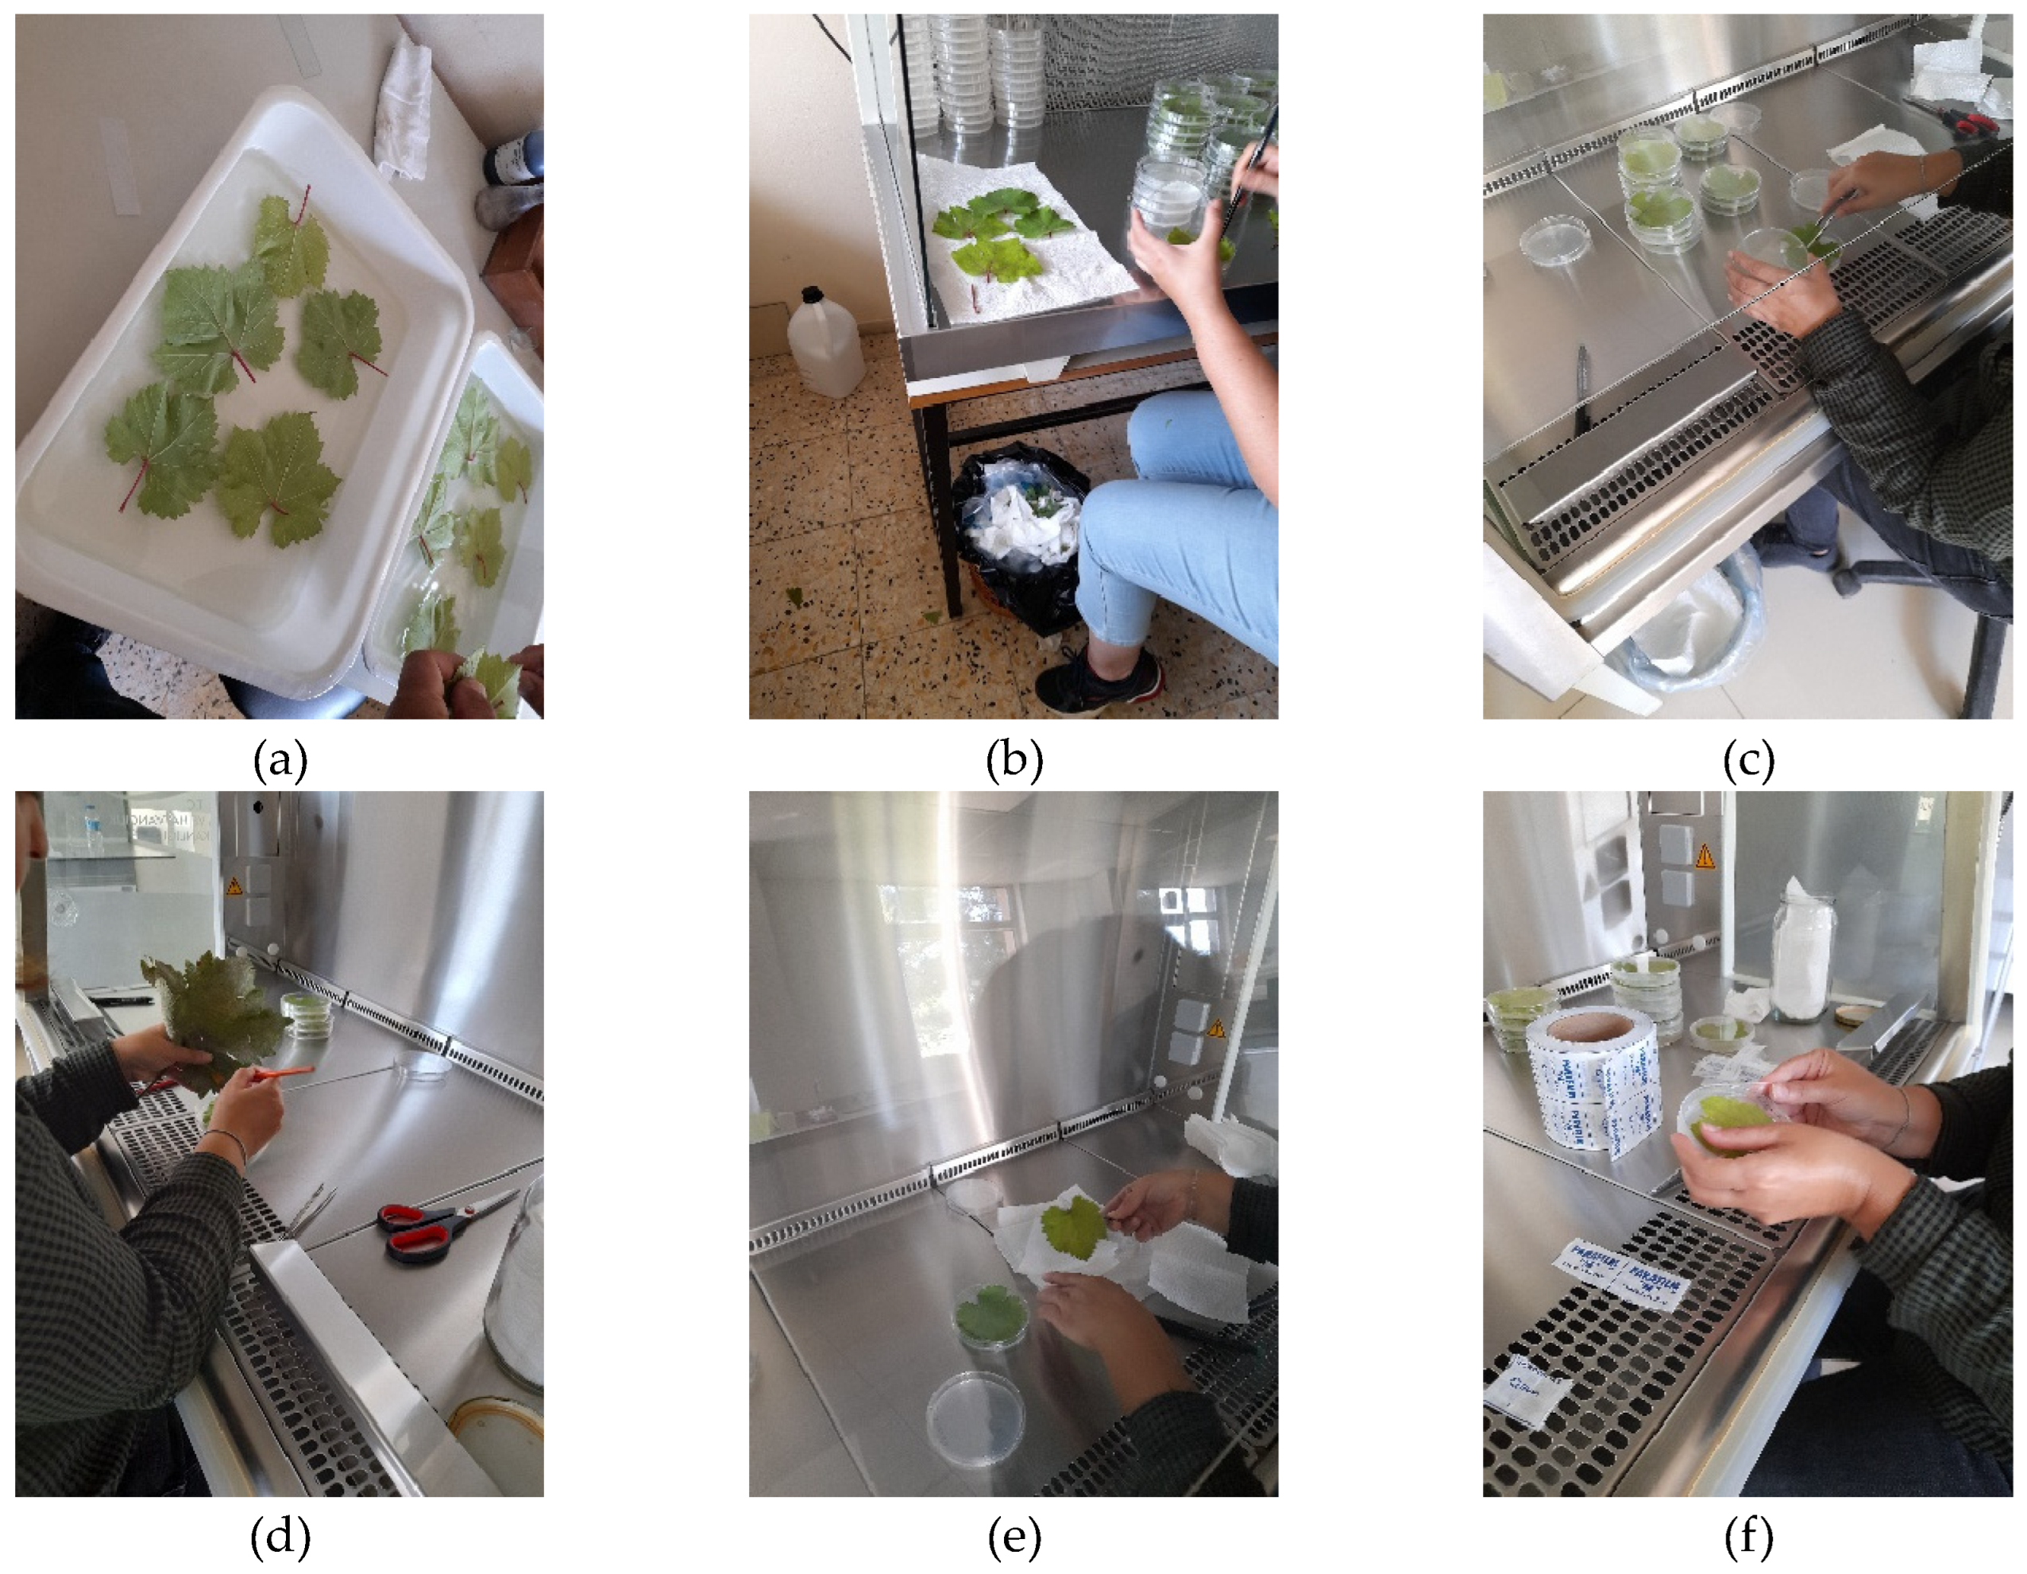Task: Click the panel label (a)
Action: pos(280,761)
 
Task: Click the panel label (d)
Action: pos(280,1537)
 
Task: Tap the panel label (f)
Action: pos(1748,1537)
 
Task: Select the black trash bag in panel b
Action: pos(1017,538)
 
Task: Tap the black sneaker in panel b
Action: pos(1095,682)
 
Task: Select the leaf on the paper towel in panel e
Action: pos(1075,1227)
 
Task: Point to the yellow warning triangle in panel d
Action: pos(235,887)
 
